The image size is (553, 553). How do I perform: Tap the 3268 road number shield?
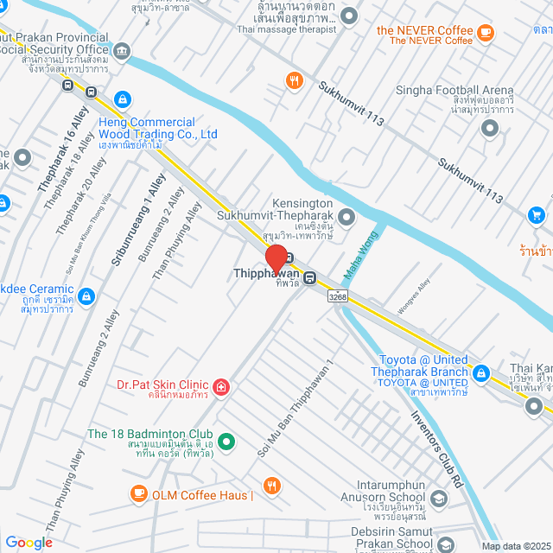339,297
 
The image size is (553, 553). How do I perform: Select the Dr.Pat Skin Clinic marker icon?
221,385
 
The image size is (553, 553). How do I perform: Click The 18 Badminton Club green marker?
226,442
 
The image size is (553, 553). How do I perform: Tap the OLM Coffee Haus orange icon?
138,493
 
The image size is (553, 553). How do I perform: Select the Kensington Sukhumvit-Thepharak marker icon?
346,216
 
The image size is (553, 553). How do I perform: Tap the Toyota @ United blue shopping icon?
481,374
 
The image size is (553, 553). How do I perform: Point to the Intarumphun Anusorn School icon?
440,499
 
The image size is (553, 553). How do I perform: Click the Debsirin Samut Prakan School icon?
445,543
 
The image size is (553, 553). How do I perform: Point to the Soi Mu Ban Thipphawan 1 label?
294,408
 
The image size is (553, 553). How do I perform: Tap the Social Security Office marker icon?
122,51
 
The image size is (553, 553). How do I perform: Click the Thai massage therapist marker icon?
349,16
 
